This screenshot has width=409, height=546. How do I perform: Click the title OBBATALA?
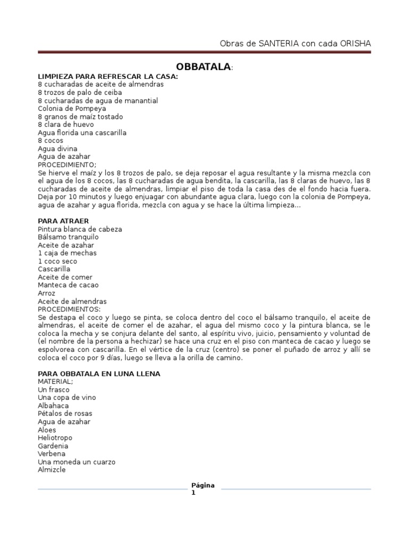(x=204, y=67)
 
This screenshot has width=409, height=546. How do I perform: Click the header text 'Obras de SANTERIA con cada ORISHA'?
(x=295, y=43)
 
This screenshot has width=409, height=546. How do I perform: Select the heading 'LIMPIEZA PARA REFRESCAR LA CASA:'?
(x=108, y=76)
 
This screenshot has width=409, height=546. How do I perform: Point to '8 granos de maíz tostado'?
(x=80, y=117)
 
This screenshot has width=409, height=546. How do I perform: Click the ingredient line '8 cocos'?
(x=51, y=141)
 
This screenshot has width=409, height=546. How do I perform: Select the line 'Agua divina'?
(x=58, y=149)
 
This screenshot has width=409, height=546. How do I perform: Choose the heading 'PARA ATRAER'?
(x=63, y=221)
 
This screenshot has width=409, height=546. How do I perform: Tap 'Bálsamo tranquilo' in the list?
(x=68, y=237)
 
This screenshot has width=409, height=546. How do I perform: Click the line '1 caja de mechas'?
(x=67, y=253)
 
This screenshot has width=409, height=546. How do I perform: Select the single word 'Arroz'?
(x=46, y=293)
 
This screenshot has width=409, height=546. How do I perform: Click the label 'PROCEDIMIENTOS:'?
(x=69, y=309)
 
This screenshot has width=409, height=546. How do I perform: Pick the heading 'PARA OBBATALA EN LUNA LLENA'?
(x=99, y=374)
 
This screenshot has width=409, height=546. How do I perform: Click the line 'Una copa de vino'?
(x=67, y=398)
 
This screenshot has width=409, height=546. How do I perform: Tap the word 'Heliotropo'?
(x=55, y=438)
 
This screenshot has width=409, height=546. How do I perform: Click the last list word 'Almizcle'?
(x=52, y=470)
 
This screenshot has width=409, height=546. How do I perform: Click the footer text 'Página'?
(x=203, y=485)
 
